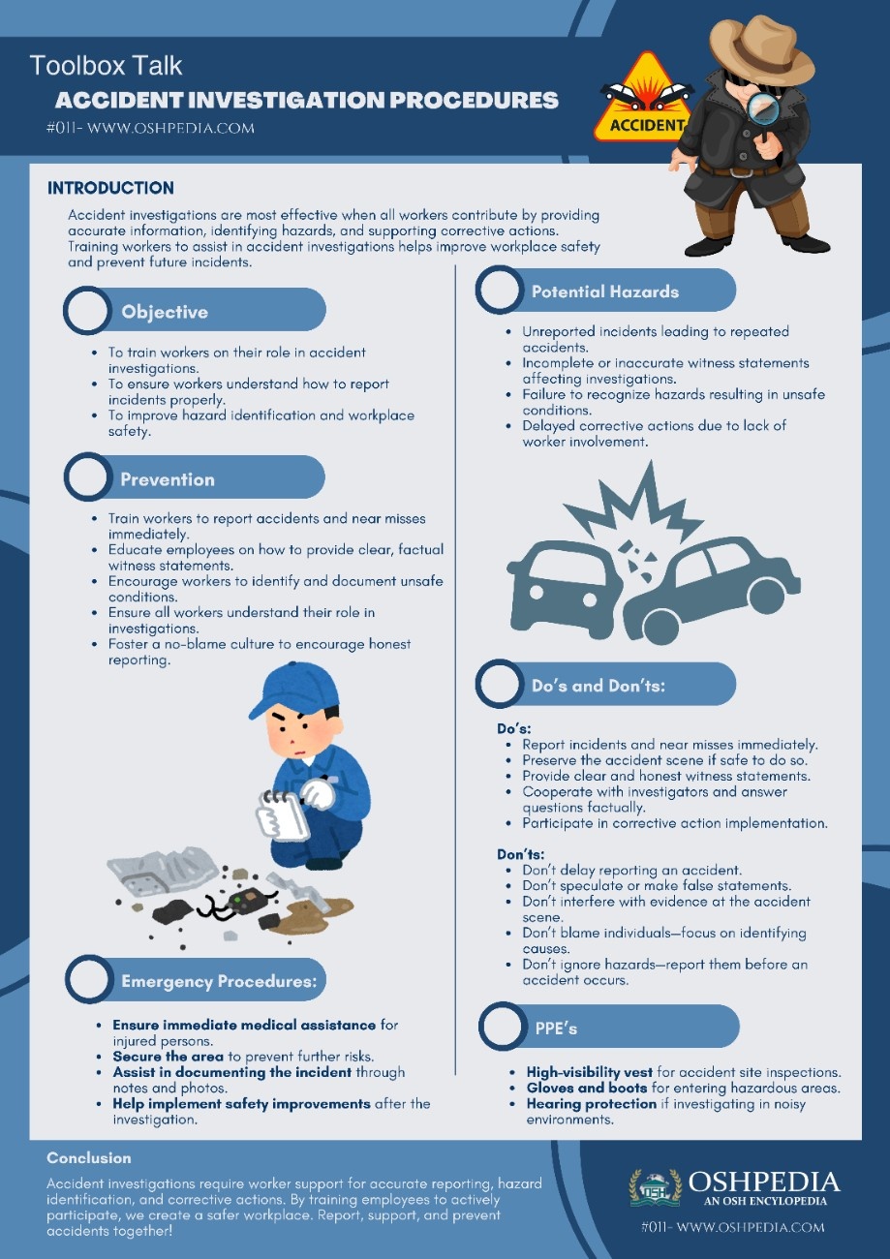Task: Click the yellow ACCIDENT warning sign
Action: click(x=641, y=101)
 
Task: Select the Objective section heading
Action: click(x=165, y=312)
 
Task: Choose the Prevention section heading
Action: click(x=168, y=479)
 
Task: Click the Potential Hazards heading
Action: click(x=605, y=292)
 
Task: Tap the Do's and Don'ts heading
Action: click(x=604, y=686)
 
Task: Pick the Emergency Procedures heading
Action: click(x=219, y=981)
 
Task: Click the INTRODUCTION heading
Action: click(x=111, y=188)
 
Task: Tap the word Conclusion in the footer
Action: click(x=89, y=1157)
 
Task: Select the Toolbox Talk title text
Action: click(x=107, y=66)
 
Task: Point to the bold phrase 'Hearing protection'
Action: click(x=592, y=1104)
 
